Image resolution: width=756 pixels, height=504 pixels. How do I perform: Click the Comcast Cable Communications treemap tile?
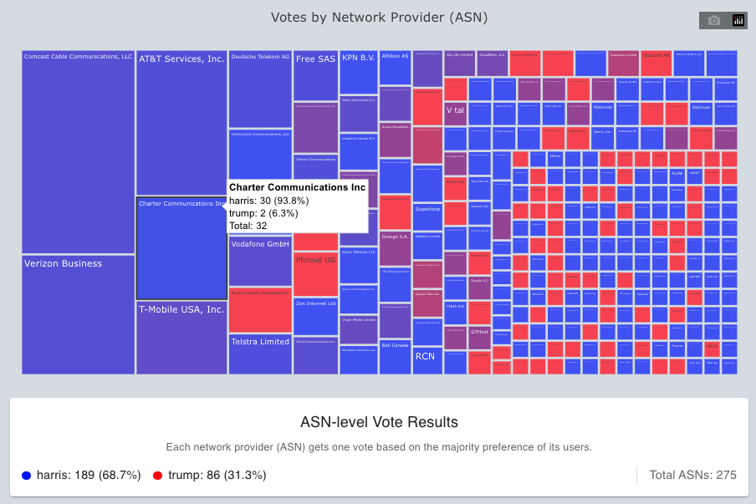(78, 150)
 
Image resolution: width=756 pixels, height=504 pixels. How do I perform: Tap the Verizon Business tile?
(78, 313)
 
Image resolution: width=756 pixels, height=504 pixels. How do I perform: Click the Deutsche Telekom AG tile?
(259, 88)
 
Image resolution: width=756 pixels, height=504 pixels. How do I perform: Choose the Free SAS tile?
(315, 75)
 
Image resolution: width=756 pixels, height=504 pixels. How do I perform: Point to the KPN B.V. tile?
(358, 72)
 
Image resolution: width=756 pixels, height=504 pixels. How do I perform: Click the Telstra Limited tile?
(259, 354)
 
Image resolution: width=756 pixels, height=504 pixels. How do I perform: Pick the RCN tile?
(427, 360)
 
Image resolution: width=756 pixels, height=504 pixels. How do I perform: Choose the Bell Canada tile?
(395, 356)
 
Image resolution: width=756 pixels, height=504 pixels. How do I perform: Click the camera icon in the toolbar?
(714, 21)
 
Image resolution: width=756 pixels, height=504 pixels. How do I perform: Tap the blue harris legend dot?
(27, 476)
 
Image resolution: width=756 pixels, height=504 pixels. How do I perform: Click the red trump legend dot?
(158, 476)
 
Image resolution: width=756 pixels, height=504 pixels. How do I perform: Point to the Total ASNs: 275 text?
(692, 475)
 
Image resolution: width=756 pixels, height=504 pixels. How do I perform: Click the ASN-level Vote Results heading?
(378, 422)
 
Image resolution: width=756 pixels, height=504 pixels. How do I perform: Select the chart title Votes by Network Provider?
(378, 18)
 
